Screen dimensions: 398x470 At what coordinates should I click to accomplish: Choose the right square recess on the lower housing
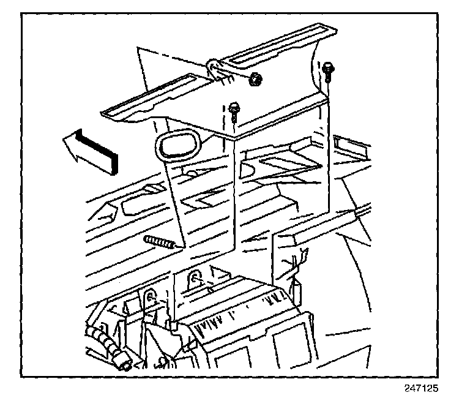[x=291, y=340]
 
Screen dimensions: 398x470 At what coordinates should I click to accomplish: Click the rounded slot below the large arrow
[x=135, y=206]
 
